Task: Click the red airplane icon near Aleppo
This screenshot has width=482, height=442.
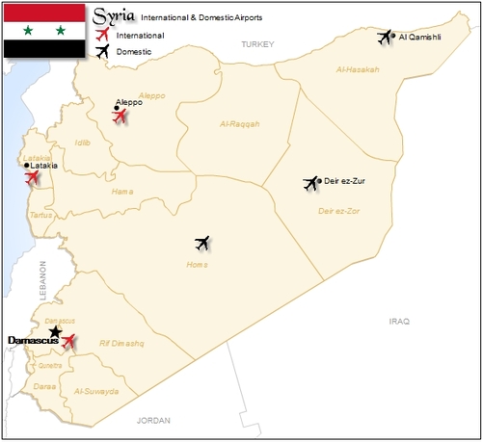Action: (x=120, y=117)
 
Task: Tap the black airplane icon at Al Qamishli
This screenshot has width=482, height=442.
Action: (x=387, y=37)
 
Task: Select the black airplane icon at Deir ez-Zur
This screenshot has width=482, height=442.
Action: (x=310, y=183)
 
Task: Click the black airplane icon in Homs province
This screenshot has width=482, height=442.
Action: (x=201, y=242)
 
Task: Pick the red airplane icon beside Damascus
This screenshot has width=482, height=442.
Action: (x=68, y=341)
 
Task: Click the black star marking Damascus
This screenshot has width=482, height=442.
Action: (x=56, y=331)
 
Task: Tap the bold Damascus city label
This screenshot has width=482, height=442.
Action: (x=27, y=341)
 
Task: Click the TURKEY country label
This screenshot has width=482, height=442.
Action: (x=258, y=44)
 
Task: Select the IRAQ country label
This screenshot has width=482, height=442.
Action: (x=399, y=320)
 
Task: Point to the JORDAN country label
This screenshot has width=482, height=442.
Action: (x=153, y=421)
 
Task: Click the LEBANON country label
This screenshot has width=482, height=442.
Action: (x=42, y=280)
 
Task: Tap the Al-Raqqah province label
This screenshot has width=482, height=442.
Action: (x=240, y=123)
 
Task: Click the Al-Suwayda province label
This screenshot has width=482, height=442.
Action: (x=95, y=392)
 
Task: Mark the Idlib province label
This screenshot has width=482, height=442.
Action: (x=83, y=143)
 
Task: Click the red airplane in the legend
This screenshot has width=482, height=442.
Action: (x=103, y=35)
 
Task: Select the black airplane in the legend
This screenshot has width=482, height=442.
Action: (x=103, y=52)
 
